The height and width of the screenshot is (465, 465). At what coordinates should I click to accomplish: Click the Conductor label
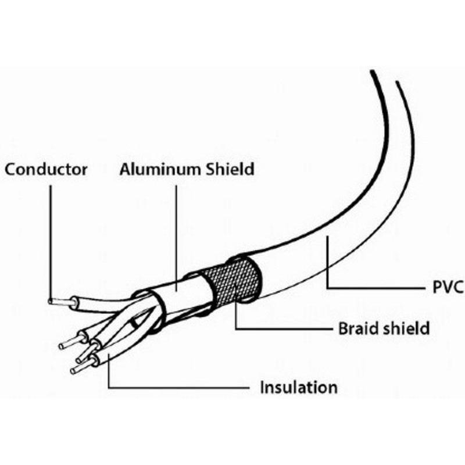46,170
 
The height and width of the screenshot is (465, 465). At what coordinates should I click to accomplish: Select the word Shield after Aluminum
230,169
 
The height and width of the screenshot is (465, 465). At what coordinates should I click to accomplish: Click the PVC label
448,287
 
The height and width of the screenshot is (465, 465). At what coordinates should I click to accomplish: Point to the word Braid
357,328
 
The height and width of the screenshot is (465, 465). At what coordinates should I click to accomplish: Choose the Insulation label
299,387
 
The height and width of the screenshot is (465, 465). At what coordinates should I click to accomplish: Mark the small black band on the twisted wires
134,323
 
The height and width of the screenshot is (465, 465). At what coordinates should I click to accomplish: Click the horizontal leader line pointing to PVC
376,288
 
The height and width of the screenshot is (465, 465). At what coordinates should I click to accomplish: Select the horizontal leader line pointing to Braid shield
284,328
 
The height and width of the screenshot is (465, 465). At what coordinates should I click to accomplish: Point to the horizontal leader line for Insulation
178,387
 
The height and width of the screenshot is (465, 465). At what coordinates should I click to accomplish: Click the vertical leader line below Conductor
51,242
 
